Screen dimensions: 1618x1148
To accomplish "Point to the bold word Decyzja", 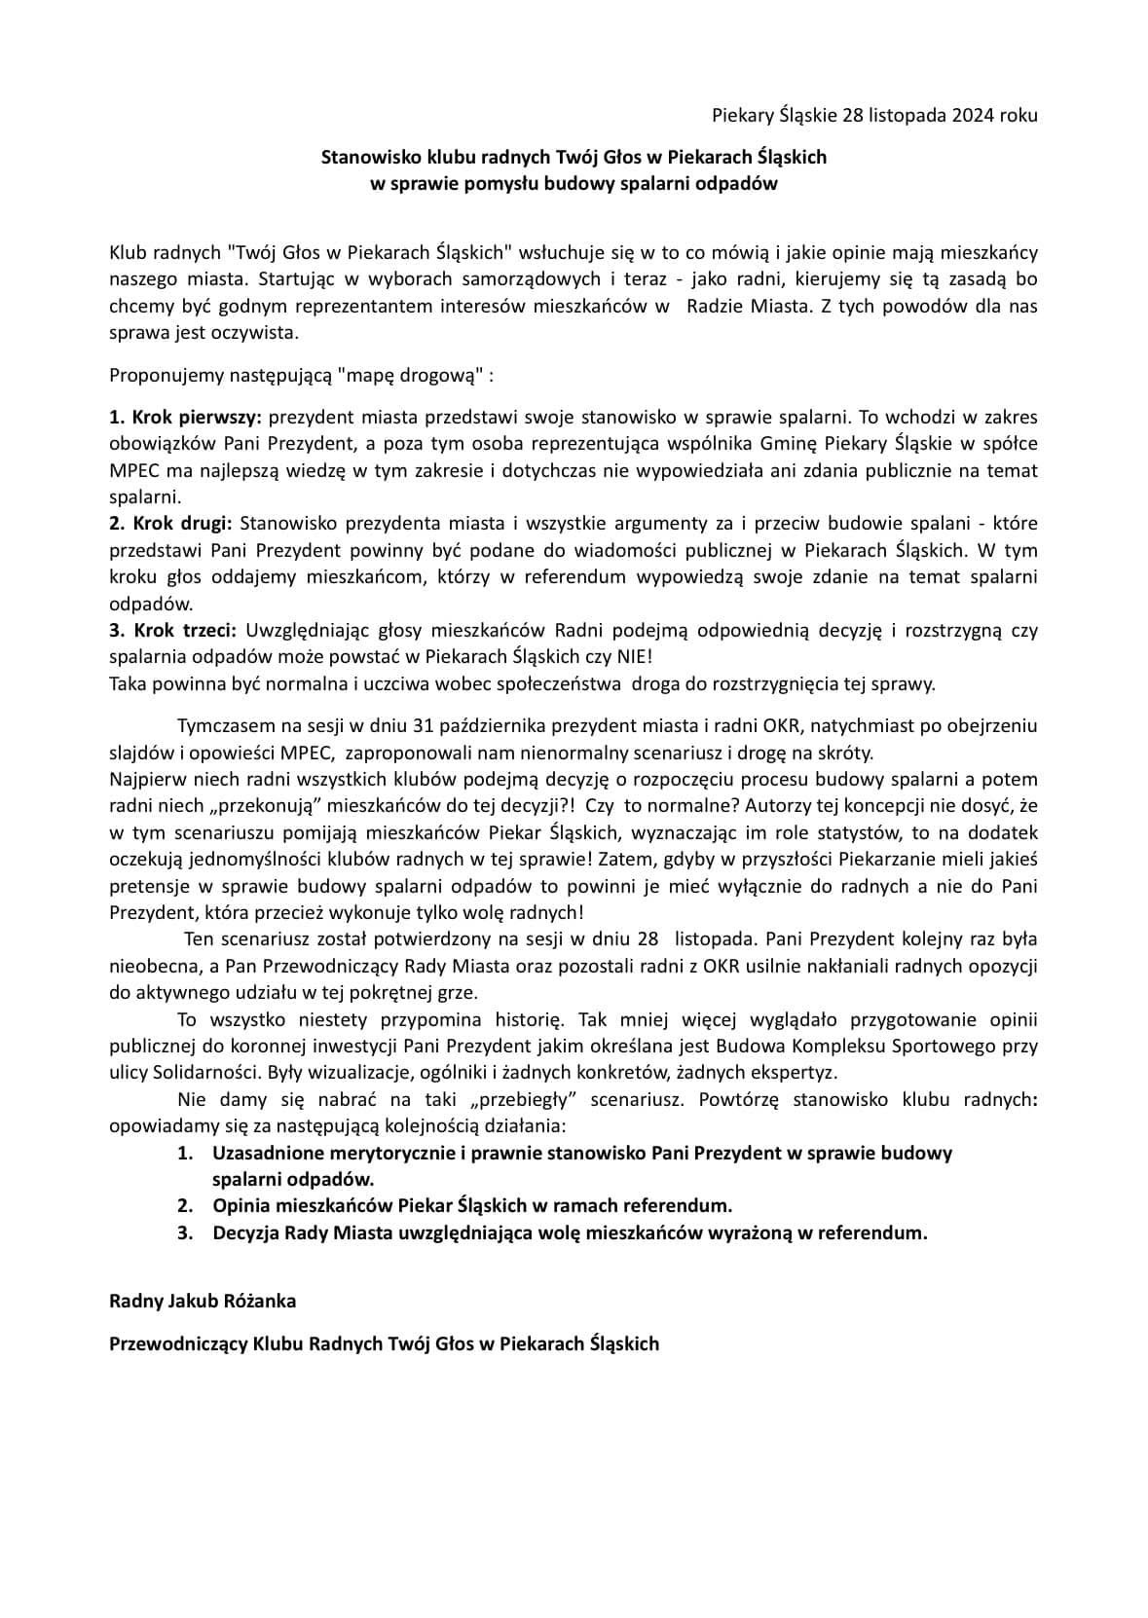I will coord(245,1232).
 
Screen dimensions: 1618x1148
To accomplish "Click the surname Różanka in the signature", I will coord(255,1301).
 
